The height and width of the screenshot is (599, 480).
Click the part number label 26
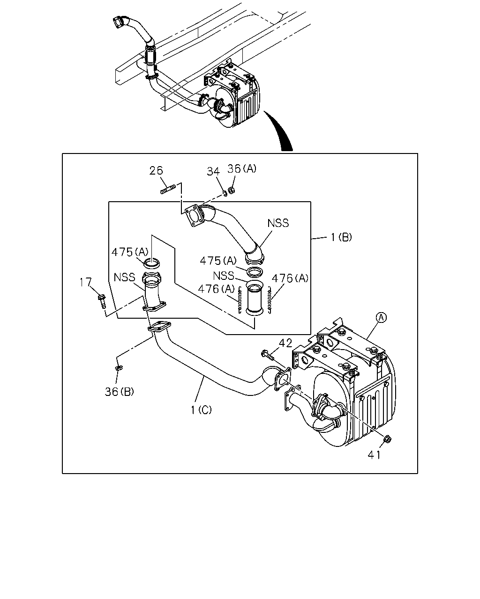156,171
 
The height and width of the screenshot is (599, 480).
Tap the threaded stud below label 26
168,189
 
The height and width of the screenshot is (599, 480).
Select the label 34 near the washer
213,171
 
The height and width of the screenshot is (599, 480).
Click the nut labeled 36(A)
231,190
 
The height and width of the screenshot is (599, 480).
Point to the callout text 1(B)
341,237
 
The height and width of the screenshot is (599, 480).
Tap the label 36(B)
120,392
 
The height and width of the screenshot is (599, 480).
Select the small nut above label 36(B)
118,368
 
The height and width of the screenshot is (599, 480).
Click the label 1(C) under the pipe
201,410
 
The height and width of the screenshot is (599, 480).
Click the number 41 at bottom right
374,455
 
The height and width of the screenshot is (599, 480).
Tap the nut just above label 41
387,439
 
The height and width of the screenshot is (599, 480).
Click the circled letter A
381,317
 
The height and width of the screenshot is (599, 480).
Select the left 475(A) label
130,252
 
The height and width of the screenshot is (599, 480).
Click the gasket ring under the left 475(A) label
152,263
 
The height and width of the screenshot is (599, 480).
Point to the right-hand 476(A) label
290,278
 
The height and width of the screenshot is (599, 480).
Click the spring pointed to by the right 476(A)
270,300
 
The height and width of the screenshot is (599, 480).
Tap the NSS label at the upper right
278,223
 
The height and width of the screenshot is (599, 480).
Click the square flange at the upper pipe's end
194,217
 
